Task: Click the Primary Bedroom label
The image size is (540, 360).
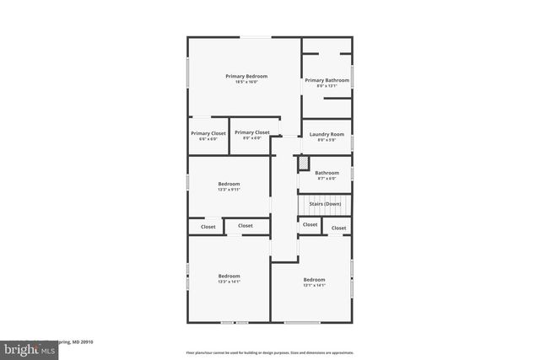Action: tap(246, 77)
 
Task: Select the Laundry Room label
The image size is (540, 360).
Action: tap(326, 135)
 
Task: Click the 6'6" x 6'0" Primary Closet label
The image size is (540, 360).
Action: tap(208, 133)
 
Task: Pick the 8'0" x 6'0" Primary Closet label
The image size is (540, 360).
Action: tap(251, 132)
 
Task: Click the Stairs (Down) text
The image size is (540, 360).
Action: tap(325, 204)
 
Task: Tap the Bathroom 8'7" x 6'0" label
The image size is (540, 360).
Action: tap(327, 173)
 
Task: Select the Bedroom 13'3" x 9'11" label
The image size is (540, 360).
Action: tap(229, 184)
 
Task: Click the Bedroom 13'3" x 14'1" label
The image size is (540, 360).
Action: tap(229, 276)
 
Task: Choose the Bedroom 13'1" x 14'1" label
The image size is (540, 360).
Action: tap(314, 280)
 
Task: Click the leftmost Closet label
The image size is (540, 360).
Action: tap(208, 227)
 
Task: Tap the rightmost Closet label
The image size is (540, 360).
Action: tap(338, 228)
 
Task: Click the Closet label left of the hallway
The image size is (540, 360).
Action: tap(245, 226)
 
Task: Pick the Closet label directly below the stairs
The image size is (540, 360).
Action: tap(310, 225)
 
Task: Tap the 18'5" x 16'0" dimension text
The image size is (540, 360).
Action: tap(246, 82)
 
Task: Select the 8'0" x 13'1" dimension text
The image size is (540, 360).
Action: tap(327, 85)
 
